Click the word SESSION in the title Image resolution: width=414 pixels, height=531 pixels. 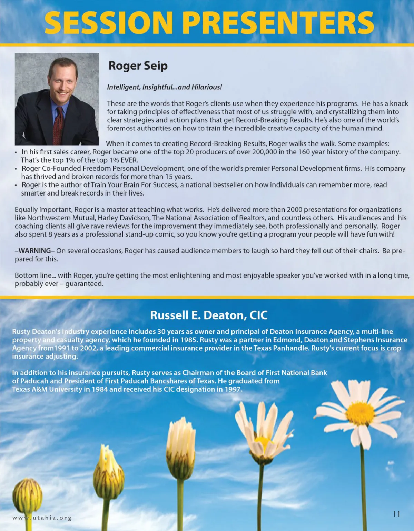pos(108,23)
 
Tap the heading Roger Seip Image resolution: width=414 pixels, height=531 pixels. pos(138,66)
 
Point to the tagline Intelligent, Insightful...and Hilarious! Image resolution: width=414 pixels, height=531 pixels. pos(164,87)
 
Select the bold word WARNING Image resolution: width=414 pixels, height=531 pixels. pos(34,251)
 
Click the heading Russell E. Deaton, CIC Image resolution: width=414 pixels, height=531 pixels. pos(209,315)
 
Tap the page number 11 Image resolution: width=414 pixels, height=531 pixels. pos(396,514)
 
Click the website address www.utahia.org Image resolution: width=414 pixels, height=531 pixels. pos(42,518)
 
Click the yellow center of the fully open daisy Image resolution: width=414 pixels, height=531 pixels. pos(360,413)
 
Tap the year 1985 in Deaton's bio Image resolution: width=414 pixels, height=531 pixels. pos(188,340)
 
